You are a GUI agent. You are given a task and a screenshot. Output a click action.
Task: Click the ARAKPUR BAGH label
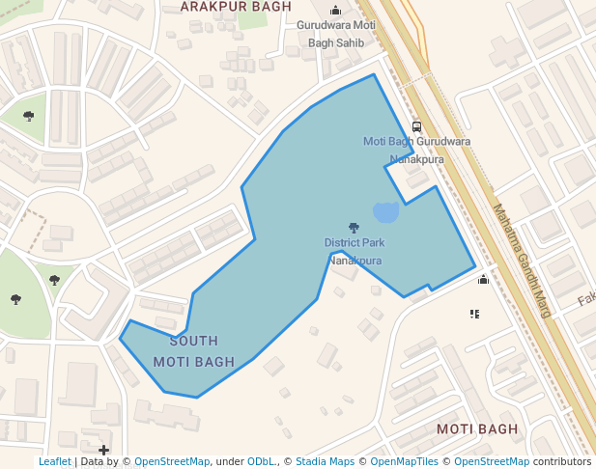pyautogui.click(x=236, y=7)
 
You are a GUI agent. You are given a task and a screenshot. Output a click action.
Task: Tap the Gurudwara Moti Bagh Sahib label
pyautogui.click(x=335, y=34)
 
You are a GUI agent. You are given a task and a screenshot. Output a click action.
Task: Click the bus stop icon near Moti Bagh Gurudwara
pyautogui.click(x=416, y=126)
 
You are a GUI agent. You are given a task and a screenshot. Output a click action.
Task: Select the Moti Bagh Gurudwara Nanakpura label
pyautogui.click(x=416, y=150)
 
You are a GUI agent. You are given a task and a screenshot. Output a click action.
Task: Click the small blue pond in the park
pyautogui.click(x=385, y=211)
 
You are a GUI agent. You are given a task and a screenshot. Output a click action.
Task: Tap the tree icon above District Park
pyautogui.click(x=354, y=228)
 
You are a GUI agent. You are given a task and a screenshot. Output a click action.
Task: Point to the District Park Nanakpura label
pyautogui.click(x=355, y=251)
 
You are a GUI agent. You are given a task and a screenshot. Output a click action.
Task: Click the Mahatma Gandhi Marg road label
pyautogui.click(x=521, y=261)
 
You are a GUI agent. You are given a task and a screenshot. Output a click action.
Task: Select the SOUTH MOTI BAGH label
pyautogui.click(x=194, y=351)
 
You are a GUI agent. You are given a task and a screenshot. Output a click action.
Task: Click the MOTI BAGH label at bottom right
pyautogui.click(x=477, y=428)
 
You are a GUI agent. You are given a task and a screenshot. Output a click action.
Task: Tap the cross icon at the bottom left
pyautogui.click(x=104, y=450)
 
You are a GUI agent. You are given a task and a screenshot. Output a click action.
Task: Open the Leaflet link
pyautogui.click(x=54, y=462)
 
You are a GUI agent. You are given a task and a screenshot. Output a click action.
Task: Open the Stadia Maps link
pyautogui.click(x=325, y=462)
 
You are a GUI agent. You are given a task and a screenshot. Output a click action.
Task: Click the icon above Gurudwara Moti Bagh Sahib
pyautogui.click(x=335, y=11)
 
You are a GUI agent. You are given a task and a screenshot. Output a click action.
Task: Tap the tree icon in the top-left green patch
pyautogui.click(x=29, y=116)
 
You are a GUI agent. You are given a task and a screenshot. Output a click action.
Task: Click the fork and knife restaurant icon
pyautogui.click(x=474, y=314)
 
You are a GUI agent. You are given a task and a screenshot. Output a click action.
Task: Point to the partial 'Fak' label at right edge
pyautogui.click(x=586, y=300)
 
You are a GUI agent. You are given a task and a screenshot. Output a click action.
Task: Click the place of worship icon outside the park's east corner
pyautogui.click(x=483, y=279)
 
